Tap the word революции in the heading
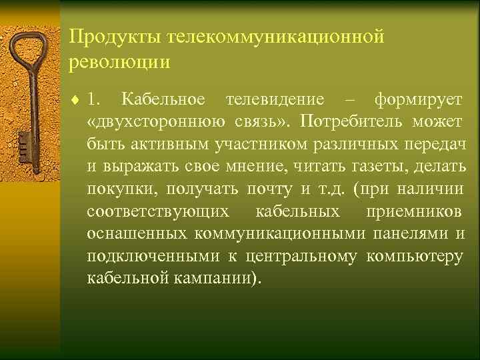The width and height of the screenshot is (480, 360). (x=119, y=62)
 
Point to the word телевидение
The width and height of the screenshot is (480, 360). (x=275, y=100)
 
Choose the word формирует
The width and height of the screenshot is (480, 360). (x=418, y=100)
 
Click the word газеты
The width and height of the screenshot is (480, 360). (x=389, y=167)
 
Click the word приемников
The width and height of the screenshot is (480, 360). (x=413, y=211)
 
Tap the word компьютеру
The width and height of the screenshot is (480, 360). (x=415, y=256)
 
